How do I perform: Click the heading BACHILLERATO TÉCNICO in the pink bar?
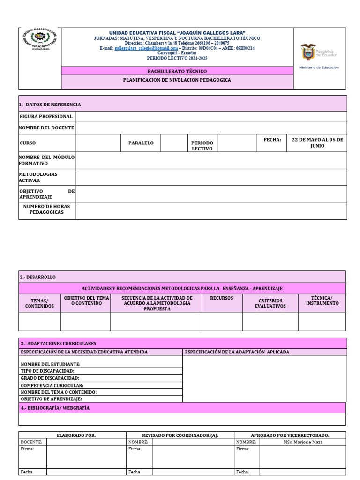pos(177,71)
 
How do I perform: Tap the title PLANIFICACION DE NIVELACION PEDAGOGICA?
pos(177,80)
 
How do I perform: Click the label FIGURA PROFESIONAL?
pos(46,116)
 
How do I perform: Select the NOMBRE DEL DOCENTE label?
pos(46,128)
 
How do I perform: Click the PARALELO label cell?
pos(141,143)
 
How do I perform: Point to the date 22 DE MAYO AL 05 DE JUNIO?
pos(317,142)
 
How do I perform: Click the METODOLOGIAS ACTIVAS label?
pos(38,177)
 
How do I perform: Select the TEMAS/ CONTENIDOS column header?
pos(39,303)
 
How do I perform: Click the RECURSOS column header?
pos(222,298)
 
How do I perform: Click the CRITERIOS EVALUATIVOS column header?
pos(270,303)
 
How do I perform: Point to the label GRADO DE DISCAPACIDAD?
pos(50,378)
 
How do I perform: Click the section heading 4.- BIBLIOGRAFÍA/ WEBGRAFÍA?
pos(55,408)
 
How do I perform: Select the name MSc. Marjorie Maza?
pos(302,442)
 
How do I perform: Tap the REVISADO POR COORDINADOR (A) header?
pos(180,435)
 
